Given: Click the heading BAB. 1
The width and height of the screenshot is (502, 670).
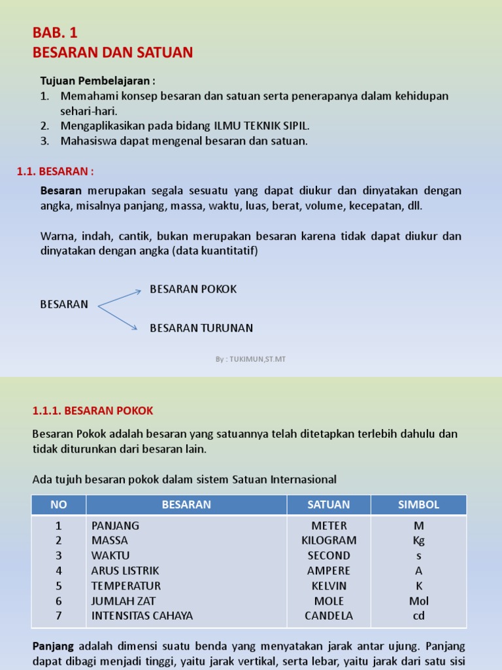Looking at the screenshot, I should (55, 33).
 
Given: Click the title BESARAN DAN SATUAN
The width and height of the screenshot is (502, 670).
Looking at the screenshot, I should (112, 52).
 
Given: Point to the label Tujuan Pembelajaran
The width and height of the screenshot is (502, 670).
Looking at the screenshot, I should (98, 81).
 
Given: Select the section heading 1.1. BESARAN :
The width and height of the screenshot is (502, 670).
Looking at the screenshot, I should (55, 171).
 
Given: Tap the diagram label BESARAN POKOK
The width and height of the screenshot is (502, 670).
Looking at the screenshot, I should (193, 289).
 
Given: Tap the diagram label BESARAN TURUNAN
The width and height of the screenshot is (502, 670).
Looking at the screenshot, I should (201, 328).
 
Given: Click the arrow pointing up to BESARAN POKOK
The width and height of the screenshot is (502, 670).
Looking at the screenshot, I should (120, 298).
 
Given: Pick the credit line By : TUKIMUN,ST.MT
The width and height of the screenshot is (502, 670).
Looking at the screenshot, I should (251, 359).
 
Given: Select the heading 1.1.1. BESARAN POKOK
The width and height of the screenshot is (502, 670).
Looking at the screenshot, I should (93, 411).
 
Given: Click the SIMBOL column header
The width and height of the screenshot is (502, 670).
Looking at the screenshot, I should (418, 504).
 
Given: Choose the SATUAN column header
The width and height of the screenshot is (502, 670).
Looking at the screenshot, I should (329, 504).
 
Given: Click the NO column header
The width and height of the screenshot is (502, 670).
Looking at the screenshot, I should (59, 504).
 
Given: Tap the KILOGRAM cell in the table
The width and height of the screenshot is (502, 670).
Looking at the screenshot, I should (329, 540).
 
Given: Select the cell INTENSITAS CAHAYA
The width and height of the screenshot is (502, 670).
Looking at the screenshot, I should (142, 616).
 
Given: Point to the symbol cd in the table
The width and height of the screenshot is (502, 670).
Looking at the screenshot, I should (418, 616).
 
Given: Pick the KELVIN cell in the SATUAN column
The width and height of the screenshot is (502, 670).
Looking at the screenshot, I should (329, 586).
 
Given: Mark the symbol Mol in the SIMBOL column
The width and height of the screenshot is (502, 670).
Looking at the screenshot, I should (418, 601).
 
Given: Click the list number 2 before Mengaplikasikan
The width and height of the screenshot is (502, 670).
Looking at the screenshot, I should (44, 126).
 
